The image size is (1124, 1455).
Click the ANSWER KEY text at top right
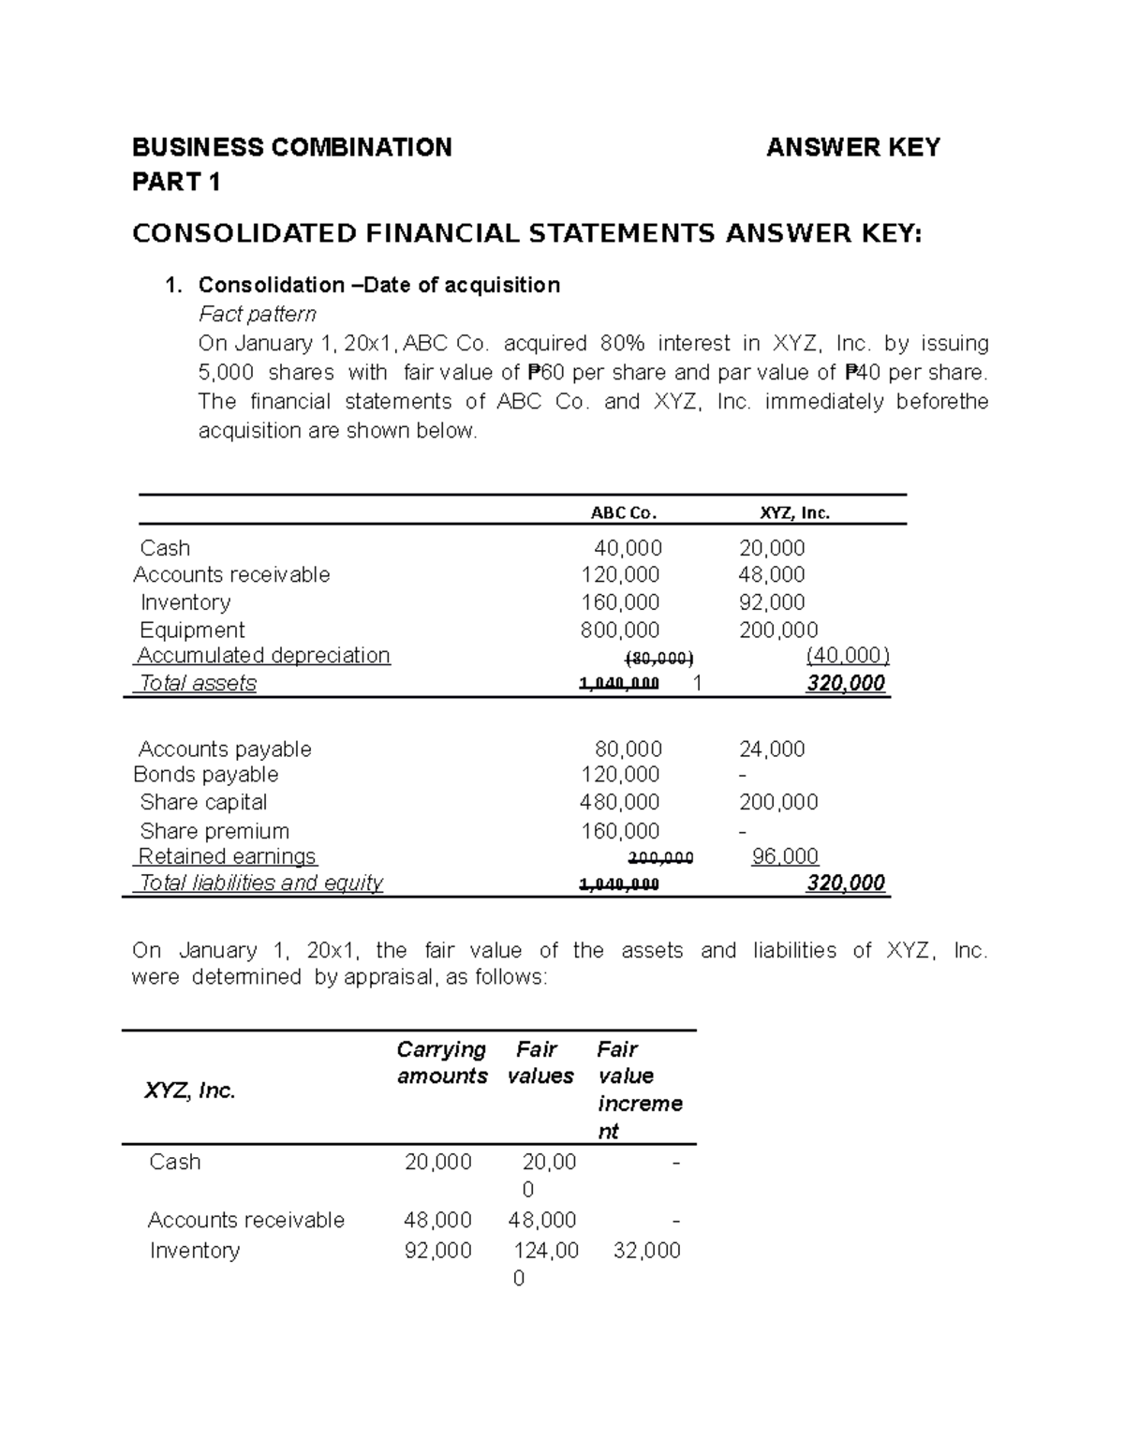pos(852,147)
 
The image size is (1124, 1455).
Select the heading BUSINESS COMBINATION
pos(291,147)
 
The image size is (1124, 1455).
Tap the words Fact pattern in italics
pos(257,314)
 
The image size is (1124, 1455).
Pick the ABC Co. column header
pos(623,512)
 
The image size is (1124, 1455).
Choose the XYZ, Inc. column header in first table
pos(794,512)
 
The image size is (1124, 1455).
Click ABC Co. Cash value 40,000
pos(628,548)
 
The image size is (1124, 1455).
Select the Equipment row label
pos(192,630)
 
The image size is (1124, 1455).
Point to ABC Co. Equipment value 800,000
pos(620,630)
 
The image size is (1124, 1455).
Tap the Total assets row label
pos(197,683)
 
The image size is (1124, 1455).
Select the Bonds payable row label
pos(206,775)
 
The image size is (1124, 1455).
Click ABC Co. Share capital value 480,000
pos(620,802)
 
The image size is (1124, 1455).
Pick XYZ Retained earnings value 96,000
pos(785,856)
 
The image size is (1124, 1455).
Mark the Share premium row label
pos(214,831)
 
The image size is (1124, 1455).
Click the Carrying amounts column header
pos(441,1062)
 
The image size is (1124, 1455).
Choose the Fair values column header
pos(540,1062)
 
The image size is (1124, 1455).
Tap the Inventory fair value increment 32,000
pos(646,1251)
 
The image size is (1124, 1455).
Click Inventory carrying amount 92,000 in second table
pos(437,1251)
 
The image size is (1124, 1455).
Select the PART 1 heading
pos(176,182)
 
